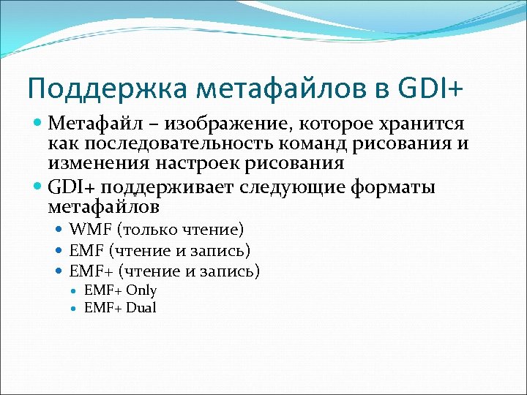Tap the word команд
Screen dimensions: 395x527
[x=315, y=143]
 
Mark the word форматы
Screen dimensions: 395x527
[x=395, y=188]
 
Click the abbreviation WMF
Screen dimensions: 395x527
[x=87, y=230]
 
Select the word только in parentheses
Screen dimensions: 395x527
[x=151, y=230]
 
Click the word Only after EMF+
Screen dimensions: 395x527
[x=141, y=290]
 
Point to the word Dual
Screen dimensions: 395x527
[x=141, y=308]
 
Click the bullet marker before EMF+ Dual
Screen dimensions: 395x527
[x=75, y=309]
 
